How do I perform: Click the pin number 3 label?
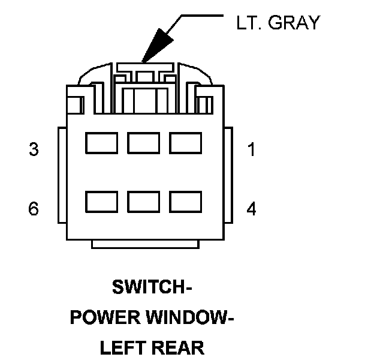click(x=34, y=149)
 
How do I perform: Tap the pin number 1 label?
click(x=252, y=149)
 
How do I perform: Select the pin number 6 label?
click(x=34, y=209)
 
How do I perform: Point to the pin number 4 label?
click(x=252, y=209)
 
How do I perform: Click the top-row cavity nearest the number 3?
click(x=101, y=143)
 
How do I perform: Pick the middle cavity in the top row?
click(x=143, y=143)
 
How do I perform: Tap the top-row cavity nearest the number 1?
click(x=185, y=143)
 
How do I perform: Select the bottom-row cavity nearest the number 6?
click(x=101, y=202)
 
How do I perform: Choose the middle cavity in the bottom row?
click(x=143, y=202)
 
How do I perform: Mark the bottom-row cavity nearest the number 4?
click(x=185, y=202)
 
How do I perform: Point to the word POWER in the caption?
click(x=102, y=317)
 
